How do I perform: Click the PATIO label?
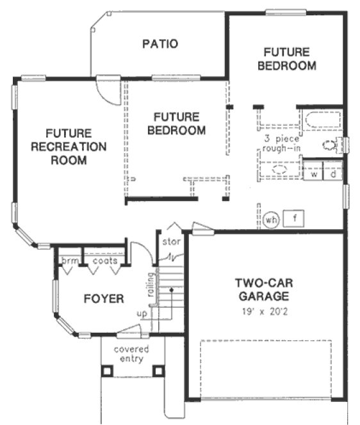(160, 44)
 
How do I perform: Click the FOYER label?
(104, 299)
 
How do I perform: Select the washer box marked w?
(314, 173)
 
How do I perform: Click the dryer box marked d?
(333, 173)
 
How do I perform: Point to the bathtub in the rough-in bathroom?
(322, 120)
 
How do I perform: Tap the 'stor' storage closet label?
(171, 243)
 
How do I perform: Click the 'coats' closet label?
(104, 261)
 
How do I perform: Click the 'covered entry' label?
(132, 354)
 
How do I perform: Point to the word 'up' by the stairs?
(142, 314)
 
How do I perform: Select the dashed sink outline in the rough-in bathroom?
(279, 170)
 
